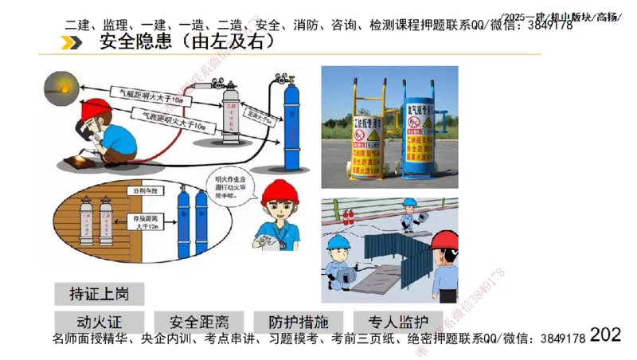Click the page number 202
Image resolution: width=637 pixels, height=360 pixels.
[606, 335]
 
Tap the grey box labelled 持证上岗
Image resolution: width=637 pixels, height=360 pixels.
[100, 293]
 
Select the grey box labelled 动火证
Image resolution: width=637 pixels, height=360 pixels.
[99, 323]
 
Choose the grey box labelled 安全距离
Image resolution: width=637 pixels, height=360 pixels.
[199, 323]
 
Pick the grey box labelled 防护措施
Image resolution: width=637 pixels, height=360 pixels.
[298, 323]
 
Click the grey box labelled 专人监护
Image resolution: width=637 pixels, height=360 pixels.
[398, 323]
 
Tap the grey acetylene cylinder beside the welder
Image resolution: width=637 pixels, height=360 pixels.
[232, 119]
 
